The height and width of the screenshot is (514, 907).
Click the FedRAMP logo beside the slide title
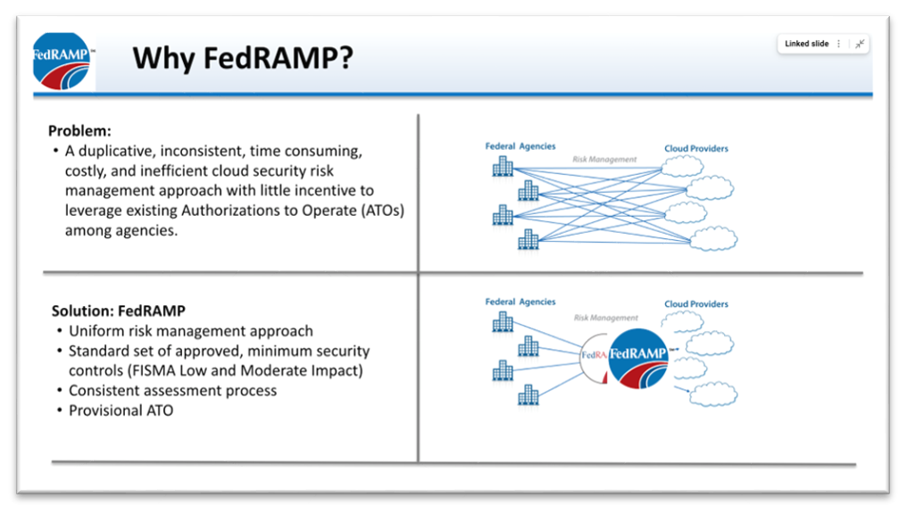pyautogui.click(x=62, y=60)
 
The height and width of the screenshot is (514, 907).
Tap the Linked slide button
pyautogui.click(x=806, y=44)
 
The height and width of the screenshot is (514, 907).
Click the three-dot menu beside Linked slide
pyautogui.click(x=838, y=44)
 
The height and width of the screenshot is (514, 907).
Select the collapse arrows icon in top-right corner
pyautogui.click(x=859, y=44)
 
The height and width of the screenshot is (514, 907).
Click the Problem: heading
pyautogui.click(x=79, y=130)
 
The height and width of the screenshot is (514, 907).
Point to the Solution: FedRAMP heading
pyautogui.click(x=118, y=311)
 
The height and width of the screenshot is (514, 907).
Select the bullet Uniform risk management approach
pyautogui.click(x=191, y=331)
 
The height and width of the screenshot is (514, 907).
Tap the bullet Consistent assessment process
pyautogui.click(x=172, y=391)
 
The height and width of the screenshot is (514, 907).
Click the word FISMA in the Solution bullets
pyautogui.click(x=211, y=370)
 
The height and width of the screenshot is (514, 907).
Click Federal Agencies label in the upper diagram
pyautogui.click(x=520, y=145)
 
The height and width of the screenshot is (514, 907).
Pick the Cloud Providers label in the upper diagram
pyautogui.click(x=695, y=148)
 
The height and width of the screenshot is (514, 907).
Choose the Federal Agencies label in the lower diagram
pyautogui.click(x=520, y=302)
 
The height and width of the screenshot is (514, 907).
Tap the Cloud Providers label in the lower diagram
pyautogui.click(x=695, y=304)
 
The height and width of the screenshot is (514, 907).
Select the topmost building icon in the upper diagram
pyautogui.click(x=503, y=167)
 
